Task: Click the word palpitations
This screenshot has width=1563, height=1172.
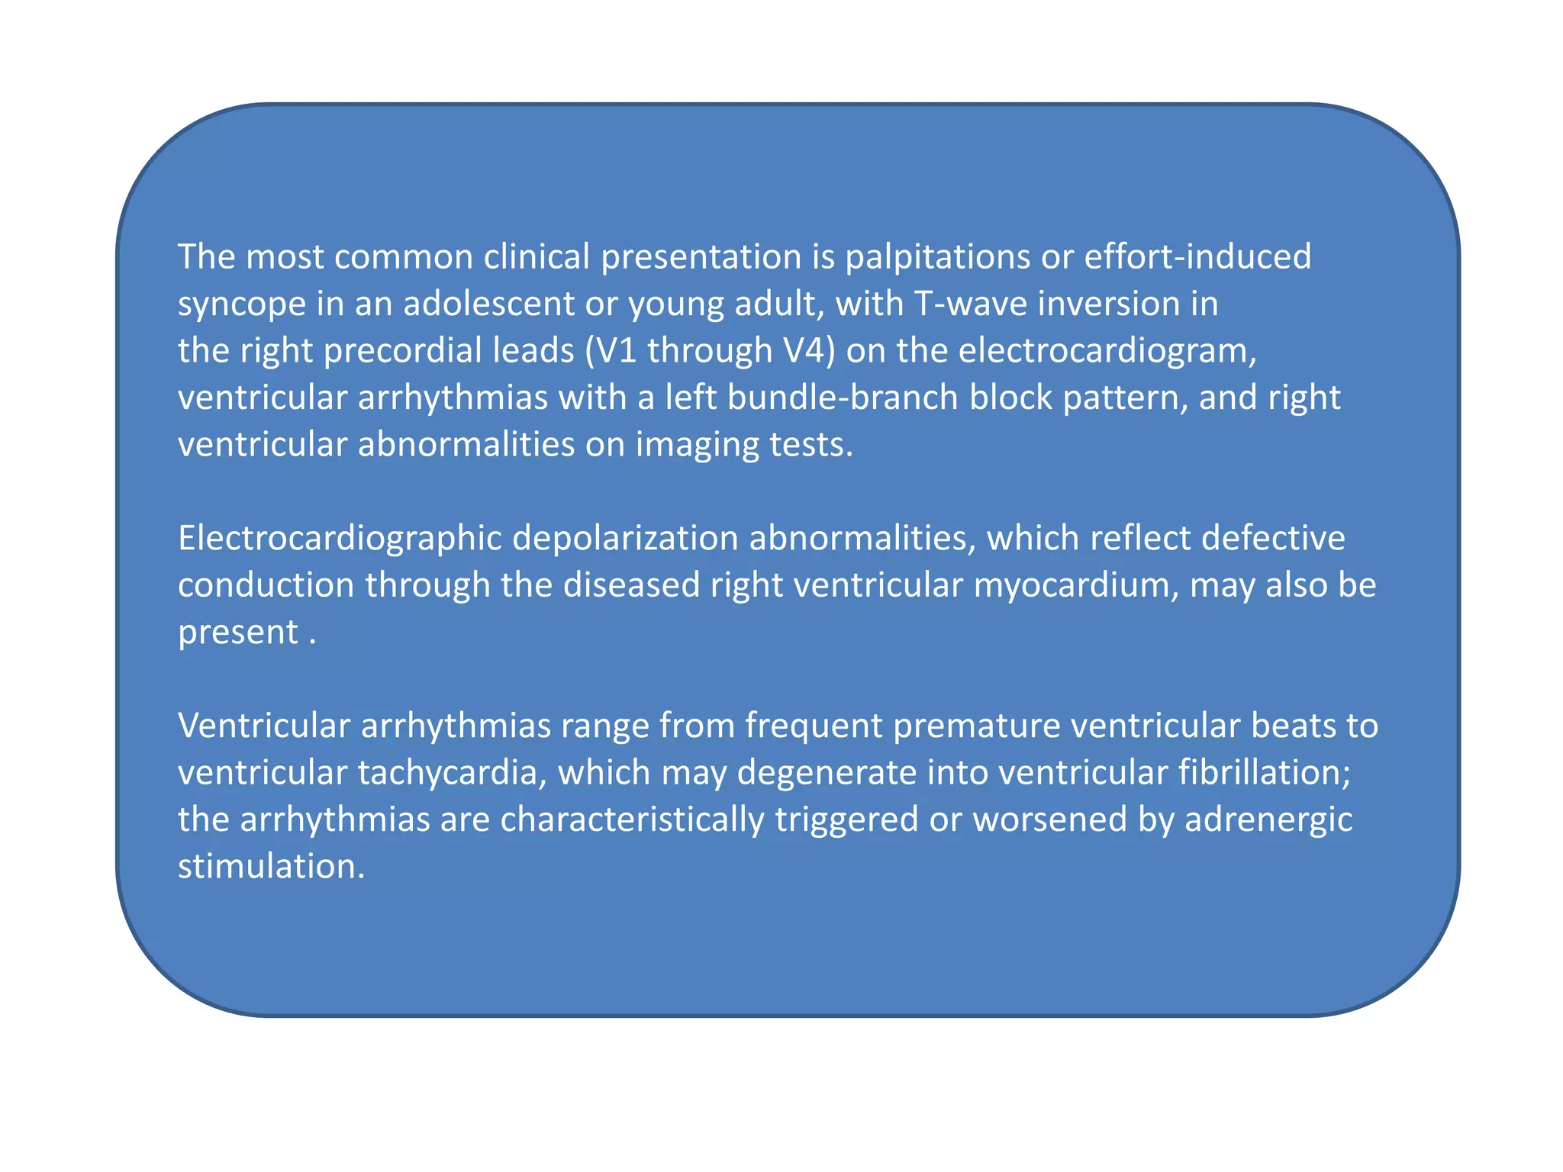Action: click(x=937, y=257)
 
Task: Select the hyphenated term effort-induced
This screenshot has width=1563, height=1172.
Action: click(x=1197, y=257)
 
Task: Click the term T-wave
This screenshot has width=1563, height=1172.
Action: click(x=969, y=304)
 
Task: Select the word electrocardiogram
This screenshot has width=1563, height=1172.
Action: click(x=1107, y=351)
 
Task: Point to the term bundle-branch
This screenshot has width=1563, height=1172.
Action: click(x=843, y=398)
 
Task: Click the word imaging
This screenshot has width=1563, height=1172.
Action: click(x=698, y=445)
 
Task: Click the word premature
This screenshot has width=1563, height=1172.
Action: click(x=976, y=726)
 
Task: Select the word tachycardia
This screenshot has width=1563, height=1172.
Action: click(x=453, y=773)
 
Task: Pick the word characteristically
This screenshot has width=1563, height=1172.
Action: click(x=632, y=819)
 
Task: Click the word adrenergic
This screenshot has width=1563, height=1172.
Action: click(x=1268, y=819)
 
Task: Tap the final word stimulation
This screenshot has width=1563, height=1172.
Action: click(x=271, y=867)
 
